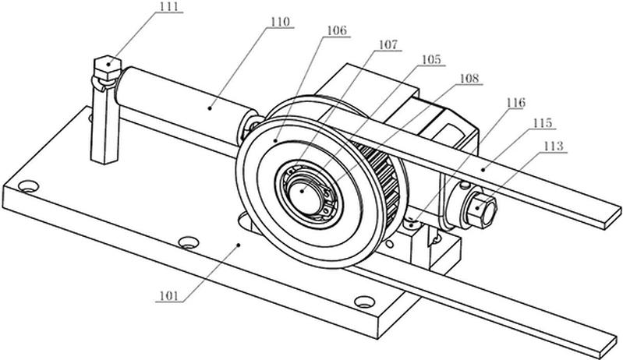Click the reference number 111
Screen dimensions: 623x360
[x=169, y=7]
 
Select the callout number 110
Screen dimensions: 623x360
[x=281, y=22]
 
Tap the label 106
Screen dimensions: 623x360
[x=337, y=30]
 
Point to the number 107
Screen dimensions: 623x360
[x=388, y=45]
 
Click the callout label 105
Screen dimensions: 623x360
[x=431, y=59]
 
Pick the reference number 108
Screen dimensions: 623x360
[x=469, y=78]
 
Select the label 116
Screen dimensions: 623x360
[x=515, y=103]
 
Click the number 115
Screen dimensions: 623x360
[x=543, y=123]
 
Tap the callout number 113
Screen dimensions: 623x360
[x=554, y=146]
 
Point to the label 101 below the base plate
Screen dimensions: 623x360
[x=169, y=295]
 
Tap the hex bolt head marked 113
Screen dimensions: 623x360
[x=482, y=210]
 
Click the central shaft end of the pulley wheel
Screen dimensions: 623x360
[x=305, y=197]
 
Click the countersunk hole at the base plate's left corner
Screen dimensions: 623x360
[x=29, y=185]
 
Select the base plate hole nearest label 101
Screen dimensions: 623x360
[x=189, y=242]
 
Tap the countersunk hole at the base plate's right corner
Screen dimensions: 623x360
[x=364, y=302]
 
